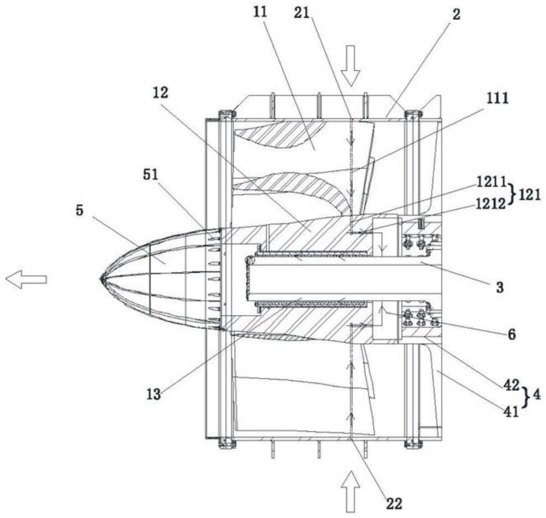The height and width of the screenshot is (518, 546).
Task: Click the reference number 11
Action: (x=260, y=13)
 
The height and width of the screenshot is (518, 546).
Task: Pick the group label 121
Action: (x=530, y=196)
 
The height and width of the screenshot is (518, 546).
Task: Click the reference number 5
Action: (x=80, y=210)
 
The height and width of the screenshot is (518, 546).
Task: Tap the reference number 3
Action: (x=500, y=287)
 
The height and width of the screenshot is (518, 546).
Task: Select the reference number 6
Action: (x=512, y=334)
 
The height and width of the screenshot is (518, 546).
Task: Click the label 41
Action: (x=511, y=412)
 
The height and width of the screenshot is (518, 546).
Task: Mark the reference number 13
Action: (x=153, y=395)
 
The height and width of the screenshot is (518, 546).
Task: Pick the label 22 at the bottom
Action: (x=394, y=503)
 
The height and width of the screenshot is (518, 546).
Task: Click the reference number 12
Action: (x=160, y=93)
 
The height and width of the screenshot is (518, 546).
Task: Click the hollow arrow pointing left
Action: (x=26, y=279)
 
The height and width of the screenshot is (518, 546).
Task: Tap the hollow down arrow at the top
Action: (x=350, y=66)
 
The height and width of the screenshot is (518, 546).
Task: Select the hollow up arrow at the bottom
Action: (x=350, y=492)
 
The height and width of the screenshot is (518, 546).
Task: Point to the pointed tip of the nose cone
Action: (x=100, y=279)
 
